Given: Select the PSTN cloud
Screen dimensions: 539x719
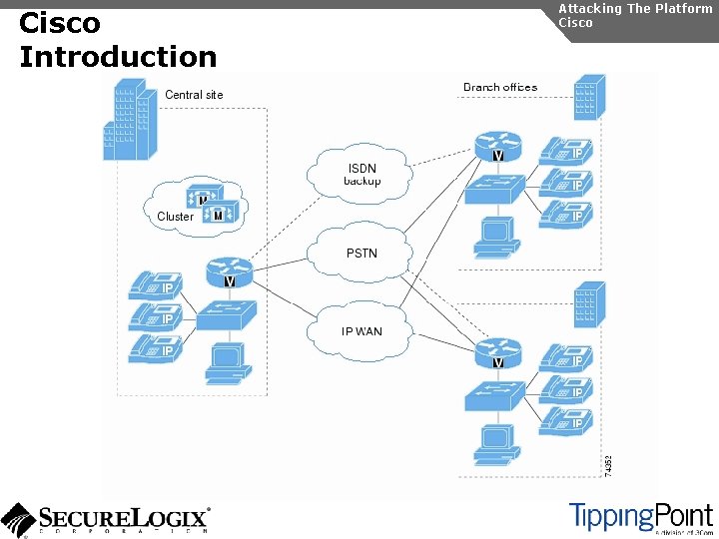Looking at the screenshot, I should tap(361, 253).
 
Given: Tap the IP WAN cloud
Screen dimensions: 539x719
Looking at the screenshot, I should tap(361, 331).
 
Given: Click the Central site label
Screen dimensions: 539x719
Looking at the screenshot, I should tap(194, 95).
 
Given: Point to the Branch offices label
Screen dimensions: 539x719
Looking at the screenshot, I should tap(500, 88).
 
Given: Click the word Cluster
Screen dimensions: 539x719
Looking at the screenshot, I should tap(175, 217).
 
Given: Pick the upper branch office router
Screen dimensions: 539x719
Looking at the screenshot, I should tap(497, 146).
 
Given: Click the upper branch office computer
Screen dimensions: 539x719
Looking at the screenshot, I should tap(496, 234).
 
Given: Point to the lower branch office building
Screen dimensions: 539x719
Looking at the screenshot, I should tap(588, 304).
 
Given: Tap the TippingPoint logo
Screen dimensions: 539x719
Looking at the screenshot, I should tap(640, 518).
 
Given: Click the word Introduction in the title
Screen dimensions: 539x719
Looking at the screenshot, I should tap(118, 57).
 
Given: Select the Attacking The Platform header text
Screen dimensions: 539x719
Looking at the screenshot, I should tap(635, 8).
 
